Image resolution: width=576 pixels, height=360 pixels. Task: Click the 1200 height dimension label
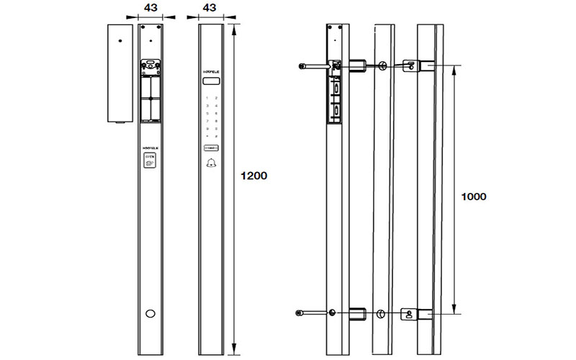coord(253,175)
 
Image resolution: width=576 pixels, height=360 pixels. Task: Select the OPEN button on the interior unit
coord(150,160)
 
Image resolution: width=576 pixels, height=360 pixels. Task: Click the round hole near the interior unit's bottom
coord(150,313)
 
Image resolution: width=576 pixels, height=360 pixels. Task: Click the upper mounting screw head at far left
coord(300,67)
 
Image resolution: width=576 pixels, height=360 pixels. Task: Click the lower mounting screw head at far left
coord(300,312)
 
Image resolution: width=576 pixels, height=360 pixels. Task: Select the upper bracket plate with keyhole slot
coord(410,66)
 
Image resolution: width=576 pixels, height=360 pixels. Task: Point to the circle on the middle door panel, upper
coord(382,67)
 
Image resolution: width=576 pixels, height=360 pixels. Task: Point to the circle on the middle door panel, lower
coord(382,313)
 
